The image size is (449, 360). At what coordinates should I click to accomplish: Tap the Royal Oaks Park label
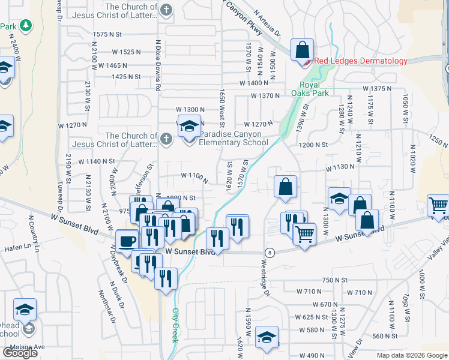(x=314, y=89)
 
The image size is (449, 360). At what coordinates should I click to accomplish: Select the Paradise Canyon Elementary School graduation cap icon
(x=189, y=127)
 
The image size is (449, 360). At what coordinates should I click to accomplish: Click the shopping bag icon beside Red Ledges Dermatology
(x=302, y=49)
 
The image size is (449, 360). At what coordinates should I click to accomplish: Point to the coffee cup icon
(x=127, y=241)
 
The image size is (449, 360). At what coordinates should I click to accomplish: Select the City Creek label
(x=176, y=325)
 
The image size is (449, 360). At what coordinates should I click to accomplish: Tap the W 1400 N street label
(x=253, y=83)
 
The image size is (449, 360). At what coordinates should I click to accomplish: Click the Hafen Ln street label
(x=19, y=246)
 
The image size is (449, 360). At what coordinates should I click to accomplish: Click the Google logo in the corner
(x=20, y=352)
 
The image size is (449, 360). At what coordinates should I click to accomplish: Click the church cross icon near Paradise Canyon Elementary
(x=167, y=139)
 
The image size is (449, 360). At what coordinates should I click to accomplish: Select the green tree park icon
(x=25, y=26)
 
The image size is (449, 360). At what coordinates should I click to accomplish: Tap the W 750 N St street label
(x=335, y=280)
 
